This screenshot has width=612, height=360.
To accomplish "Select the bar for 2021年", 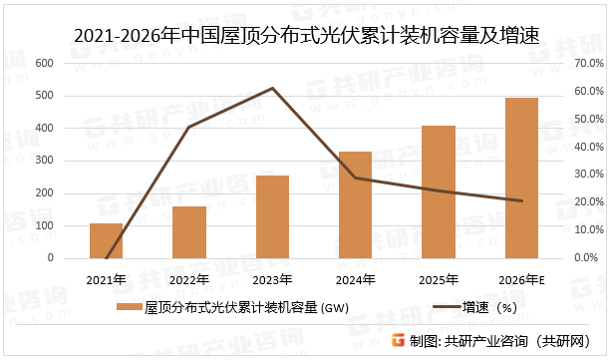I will [x=106, y=240].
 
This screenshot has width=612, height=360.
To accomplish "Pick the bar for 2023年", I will [x=272, y=216].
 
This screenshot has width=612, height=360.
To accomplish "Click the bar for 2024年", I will [x=355, y=204].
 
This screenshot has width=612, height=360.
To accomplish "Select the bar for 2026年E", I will [x=521, y=178].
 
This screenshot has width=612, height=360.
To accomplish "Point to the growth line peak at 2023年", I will [x=272, y=89].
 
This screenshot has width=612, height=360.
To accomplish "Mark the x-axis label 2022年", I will [x=189, y=279].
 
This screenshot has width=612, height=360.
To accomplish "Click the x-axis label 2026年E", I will [x=521, y=279].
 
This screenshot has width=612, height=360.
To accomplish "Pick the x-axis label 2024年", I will [x=355, y=279].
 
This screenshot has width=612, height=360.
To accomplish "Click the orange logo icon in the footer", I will [x=398, y=341].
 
